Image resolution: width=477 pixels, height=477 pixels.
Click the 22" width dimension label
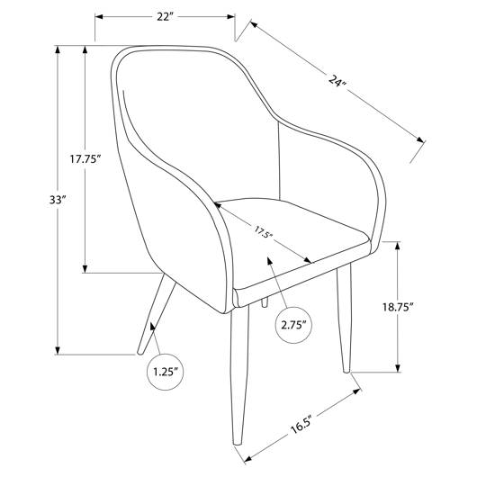click(165, 17)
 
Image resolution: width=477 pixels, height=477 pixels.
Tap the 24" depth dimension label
click(337, 81)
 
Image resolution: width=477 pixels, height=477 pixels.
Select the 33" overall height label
click(58, 200)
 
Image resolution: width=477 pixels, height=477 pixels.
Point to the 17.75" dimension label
click(85, 158)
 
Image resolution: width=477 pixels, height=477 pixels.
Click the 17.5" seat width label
click(263, 232)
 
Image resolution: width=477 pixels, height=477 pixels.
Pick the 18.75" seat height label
click(398, 307)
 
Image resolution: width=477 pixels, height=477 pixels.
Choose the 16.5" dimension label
click(301, 423)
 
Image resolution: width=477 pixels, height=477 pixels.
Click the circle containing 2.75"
click(294, 325)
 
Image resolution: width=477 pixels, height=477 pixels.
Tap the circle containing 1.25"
click(166, 372)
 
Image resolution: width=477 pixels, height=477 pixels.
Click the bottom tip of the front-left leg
click(238, 444)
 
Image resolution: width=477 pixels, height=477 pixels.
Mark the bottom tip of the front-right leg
click(346, 371)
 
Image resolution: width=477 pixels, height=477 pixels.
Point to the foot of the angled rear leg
click(139, 353)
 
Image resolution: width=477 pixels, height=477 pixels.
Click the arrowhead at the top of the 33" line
click(58, 49)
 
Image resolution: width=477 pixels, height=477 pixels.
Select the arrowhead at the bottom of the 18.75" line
click(398, 367)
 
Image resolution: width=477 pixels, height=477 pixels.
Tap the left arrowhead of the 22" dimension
click(100, 17)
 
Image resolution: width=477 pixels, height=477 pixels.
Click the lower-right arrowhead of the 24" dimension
click(420, 139)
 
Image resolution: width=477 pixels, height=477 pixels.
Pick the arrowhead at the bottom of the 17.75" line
click(85, 268)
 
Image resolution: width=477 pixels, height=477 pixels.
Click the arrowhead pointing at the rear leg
click(152, 327)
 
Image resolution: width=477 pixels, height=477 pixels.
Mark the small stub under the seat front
click(265, 301)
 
